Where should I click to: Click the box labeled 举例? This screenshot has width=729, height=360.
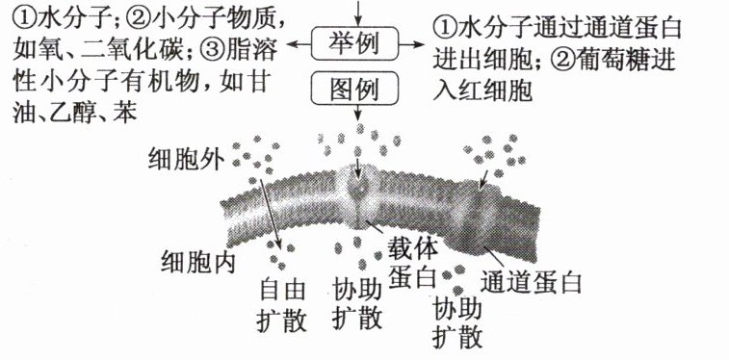coord(355,43)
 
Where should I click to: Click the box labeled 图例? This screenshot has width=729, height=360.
coord(355,89)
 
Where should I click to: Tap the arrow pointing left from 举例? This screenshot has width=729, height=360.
coord(299,44)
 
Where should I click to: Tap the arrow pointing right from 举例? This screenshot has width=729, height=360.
coord(412,44)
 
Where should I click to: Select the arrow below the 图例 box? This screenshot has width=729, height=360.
coord(357,112)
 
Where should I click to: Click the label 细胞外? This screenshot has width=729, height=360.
coord(186,160)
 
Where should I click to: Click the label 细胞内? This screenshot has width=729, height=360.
coord(198,261)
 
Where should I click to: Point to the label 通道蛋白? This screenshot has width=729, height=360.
coord(531,281)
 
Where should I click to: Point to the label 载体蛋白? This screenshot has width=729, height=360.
coord(413,264)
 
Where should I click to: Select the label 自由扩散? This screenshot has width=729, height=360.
coord(282,305)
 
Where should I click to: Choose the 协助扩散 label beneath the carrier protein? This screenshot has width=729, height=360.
coord(357,305)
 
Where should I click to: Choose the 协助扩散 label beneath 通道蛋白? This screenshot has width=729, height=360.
coord(456,323)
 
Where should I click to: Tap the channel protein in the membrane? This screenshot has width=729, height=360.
coord(479,219)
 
